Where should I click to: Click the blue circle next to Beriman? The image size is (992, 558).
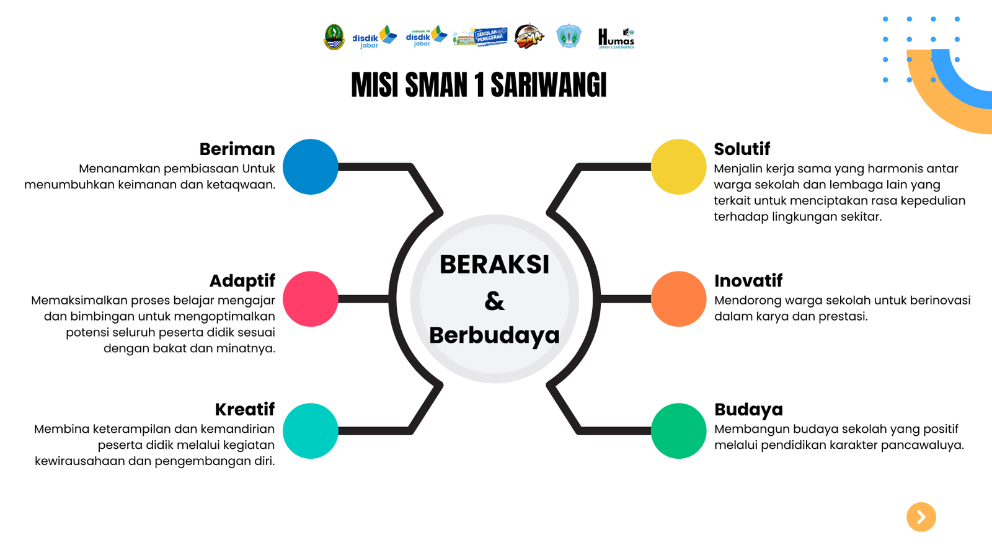tap(310, 167)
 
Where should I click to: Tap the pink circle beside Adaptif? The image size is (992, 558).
tap(310, 299)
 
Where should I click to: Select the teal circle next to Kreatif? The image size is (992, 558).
tap(310, 431)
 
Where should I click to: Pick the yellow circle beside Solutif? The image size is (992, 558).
tap(678, 167)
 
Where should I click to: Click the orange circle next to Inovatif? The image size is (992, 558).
tap(678, 299)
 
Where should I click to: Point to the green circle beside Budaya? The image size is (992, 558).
tap(678, 431)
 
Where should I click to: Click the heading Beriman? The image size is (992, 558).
tap(237, 149)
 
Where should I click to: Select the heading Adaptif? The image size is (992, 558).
tap(242, 281)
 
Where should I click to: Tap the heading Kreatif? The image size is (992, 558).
tap(244, 409)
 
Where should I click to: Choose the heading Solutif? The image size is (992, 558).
tap(742, 149)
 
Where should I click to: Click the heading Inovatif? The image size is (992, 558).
tap(748, 281)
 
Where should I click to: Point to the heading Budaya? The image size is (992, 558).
tap(748, 409)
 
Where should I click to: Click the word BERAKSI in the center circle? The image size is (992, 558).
tap(494, 265)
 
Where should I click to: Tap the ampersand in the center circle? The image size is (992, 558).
tap(494, 301)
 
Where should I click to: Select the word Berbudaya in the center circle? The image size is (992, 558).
tap(494, 335)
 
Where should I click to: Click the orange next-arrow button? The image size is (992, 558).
tap(921, 517)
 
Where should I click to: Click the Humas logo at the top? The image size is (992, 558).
tap(616, 38)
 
